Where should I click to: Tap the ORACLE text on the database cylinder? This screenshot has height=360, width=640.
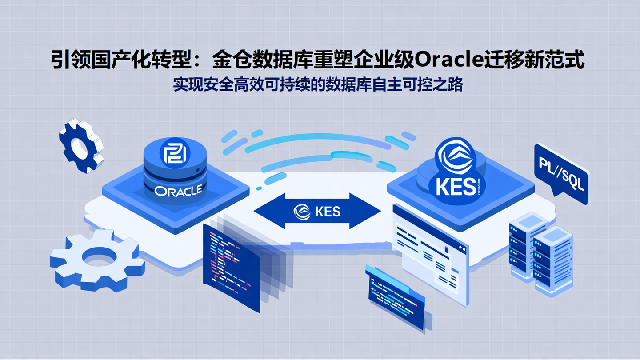(178, 190)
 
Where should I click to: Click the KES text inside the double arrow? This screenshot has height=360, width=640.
(328, 211)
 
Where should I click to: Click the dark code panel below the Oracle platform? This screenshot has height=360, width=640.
(231, 267)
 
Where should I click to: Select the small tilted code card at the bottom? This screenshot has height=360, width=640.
(396, 296)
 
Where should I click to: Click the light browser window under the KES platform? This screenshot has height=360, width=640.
(429, 253)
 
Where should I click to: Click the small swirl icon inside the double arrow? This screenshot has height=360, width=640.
(302, 212)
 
